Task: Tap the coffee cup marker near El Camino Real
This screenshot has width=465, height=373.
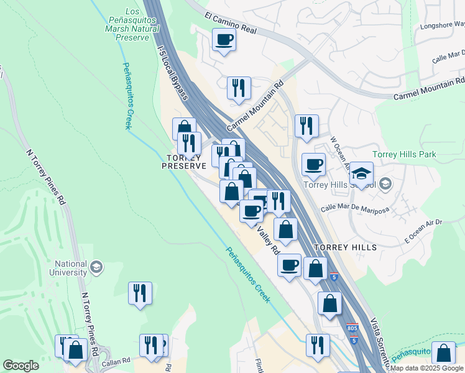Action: tap(224, 40)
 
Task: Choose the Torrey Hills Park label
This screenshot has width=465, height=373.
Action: tap(404, 154)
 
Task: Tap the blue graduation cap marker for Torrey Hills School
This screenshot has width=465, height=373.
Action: tap(361, 173)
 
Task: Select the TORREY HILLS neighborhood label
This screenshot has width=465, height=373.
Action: tap(346, 247)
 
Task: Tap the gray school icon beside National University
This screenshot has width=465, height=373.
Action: tap(96, 268)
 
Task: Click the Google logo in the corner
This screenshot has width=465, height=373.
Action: tap(21, 366)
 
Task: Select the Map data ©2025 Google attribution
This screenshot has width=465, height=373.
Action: tap(427, 368)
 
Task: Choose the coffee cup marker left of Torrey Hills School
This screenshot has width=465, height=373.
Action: tap(313, 165)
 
